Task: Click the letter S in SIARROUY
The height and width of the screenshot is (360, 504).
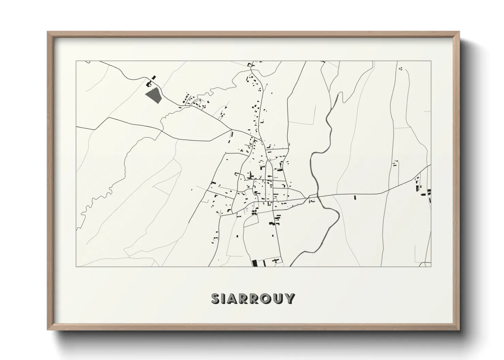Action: tap(216, 298)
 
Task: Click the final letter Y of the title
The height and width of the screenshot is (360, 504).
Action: tap(289, 298)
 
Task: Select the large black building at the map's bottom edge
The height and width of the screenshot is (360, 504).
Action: tap(254, 263)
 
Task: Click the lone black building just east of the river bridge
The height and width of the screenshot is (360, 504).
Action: tap(355, 197)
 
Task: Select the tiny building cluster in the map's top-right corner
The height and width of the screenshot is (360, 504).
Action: tap(401, 69)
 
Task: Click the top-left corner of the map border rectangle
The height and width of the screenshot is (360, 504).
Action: tap(76, 61)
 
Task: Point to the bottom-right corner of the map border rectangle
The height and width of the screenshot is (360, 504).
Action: tap(431, 266)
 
